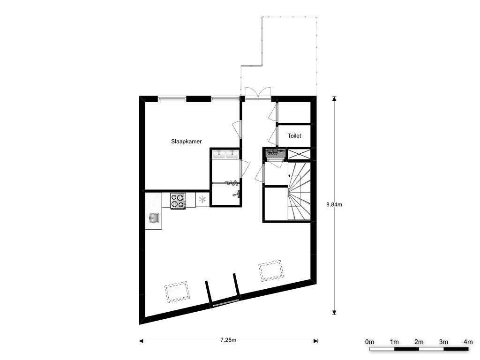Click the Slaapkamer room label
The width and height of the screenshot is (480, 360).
coord(186,142)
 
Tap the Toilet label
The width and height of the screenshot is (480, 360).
coord(294,135)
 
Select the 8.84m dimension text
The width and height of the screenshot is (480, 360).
coord(334,204)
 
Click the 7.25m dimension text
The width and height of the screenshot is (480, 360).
coord(228,340)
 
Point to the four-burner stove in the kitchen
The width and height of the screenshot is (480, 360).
coord(178,201)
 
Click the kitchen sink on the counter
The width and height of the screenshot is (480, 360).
coord(154,218)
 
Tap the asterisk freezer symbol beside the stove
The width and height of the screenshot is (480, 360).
coord(202,200)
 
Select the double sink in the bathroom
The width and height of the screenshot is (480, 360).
coord(226,154)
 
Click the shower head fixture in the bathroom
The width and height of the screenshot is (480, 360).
coord(232,183)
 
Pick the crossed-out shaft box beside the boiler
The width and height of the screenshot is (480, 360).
coord(299,154)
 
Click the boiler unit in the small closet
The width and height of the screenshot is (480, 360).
coord(276,153)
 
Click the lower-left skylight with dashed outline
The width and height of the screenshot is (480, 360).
coord(177,292)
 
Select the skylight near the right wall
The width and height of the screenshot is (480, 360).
coord(270,270)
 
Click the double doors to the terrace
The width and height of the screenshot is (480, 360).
coord(258,93)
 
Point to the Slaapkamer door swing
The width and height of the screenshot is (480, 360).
coord(237,129)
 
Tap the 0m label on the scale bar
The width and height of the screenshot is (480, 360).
coord(369,342)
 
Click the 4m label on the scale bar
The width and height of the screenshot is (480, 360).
coord(468,342)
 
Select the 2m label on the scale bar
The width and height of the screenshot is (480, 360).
coord(419,342)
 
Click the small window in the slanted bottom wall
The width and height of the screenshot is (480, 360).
coord(225,303)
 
